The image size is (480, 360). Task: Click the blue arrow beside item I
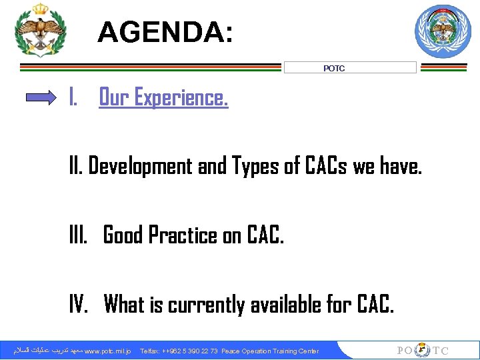click(41, 98)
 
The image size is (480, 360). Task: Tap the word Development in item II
click(140, 166)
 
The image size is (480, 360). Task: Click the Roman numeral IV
click(79, 305)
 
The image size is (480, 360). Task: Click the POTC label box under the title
click(350, 68)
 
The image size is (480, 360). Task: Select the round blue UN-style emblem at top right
click(443, 31)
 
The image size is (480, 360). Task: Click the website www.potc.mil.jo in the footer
click(107, 351)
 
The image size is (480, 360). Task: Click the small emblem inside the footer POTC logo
click(423, 351)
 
